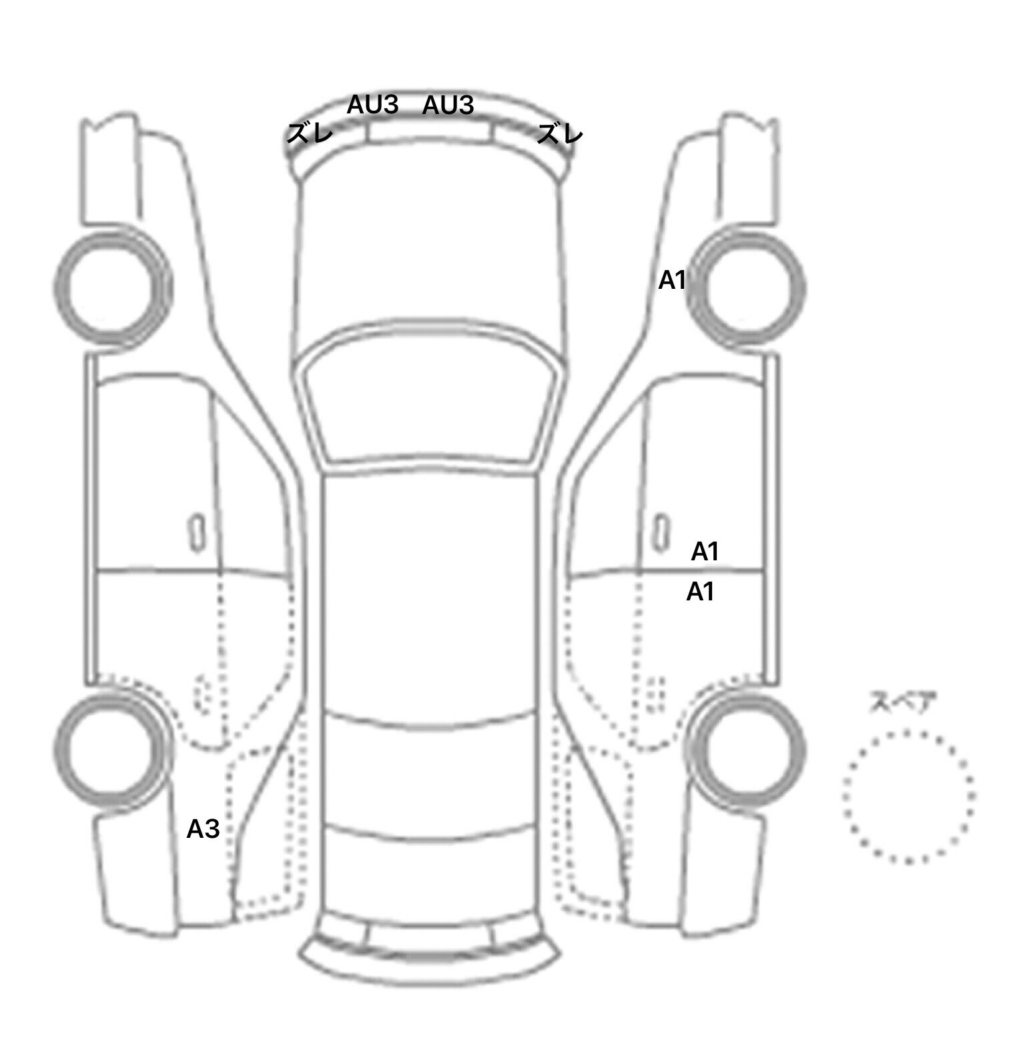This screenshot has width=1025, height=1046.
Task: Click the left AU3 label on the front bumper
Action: click(372, 105)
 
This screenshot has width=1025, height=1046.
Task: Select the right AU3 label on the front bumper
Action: click(448, 105)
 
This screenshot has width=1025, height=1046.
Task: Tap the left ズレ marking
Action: click(310, 134)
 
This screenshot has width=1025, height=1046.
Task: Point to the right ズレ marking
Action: click(561, 134)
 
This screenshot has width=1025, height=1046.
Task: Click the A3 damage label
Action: click(203, 829)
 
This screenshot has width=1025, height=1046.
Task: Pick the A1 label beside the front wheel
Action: click(672, 280)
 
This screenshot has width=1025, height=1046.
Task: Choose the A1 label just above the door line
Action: click(705, 552)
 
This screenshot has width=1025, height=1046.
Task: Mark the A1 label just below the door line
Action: click(701, 591)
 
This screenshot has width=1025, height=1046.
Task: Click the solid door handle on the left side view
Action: click(196, 532)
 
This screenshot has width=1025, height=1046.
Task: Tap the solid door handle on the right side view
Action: click(661, 532)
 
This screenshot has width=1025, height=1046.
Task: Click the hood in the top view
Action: click(430, 253)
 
